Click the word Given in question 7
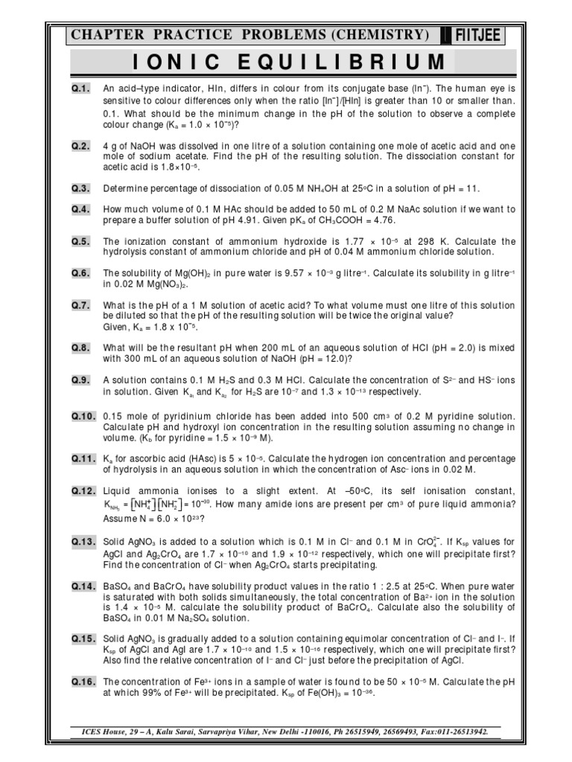click(116, 327)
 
